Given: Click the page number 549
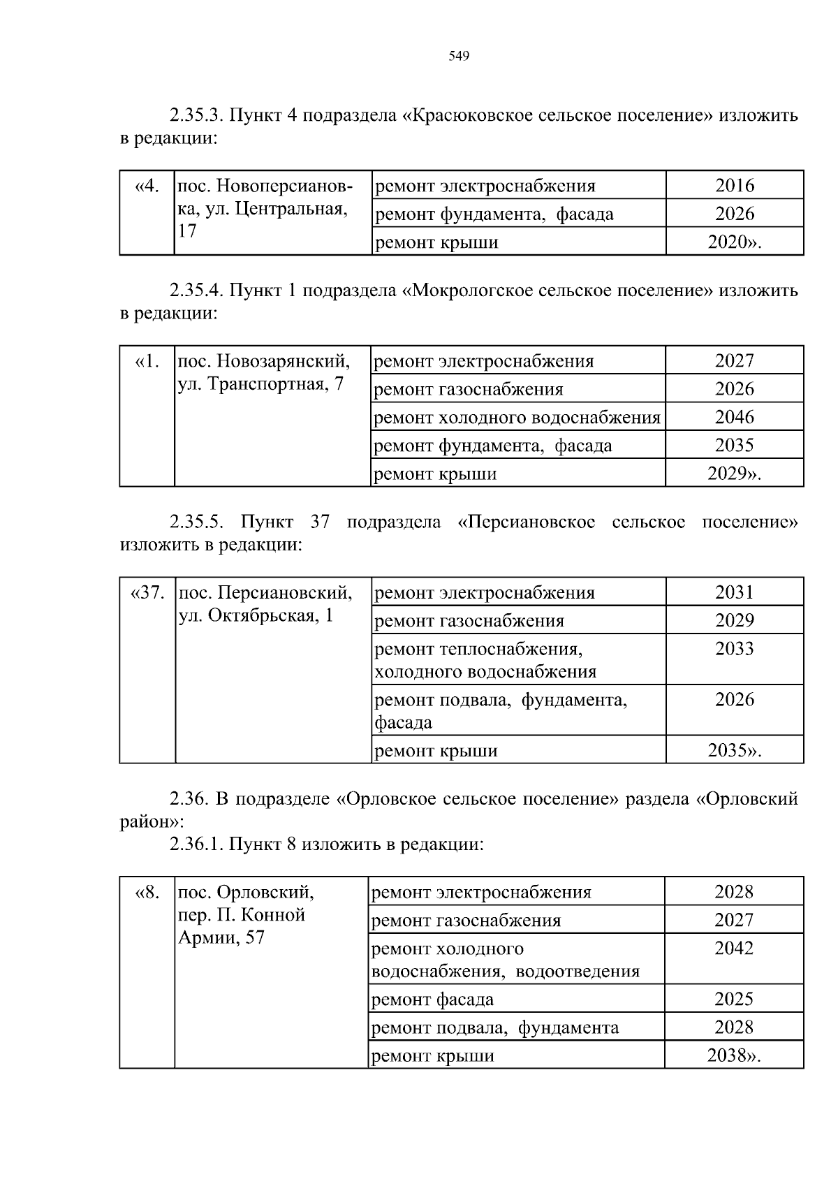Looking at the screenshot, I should click(x=458, y=57).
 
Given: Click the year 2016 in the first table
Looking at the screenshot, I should click(x=735, y=186).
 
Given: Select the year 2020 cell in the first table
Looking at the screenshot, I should click(x=735, y=242).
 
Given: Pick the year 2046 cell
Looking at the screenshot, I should click(x=735, y=417).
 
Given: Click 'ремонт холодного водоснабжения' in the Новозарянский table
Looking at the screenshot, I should click(x=517, y=418).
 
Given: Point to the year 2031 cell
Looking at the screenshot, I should click(x=735, y=592).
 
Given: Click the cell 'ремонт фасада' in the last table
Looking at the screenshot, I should click(x=432, y=1000).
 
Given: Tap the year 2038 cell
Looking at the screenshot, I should click(x=734, y=1055).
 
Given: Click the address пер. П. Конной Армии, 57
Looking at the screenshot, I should click(x=245, y=915).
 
